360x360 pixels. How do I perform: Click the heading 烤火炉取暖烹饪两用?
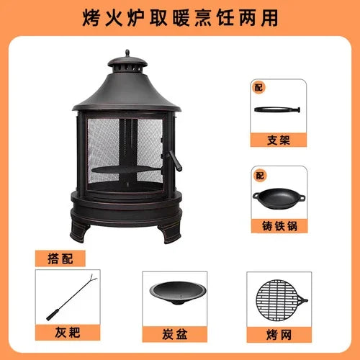click(x=180, y=18)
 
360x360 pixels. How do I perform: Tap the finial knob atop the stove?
click(x=127, y=53)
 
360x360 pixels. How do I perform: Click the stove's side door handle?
click(x=175, y=161)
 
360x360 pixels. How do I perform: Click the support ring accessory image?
click(x=277, y=109)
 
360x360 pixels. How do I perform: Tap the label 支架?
click(x=279, y=140)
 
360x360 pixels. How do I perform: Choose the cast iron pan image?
click(x=279, y=199)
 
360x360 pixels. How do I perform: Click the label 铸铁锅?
click(x=279, y=226)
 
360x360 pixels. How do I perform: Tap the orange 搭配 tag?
click(x=60, y=258)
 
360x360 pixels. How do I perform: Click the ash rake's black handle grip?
click(x=53, y=315)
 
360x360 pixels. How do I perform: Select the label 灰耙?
click(x=68, y=333)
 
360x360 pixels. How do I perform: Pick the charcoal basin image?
click(x=177, y=293)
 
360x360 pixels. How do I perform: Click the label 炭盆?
click(x=174, y=334)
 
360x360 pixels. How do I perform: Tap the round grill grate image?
click(x=281, y=300)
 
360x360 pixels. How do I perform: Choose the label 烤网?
click(x=279, y=335)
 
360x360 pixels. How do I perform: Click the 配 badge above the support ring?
click(x=258, y=87)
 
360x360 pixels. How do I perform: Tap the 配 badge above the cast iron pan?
click(x=260, y=176)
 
